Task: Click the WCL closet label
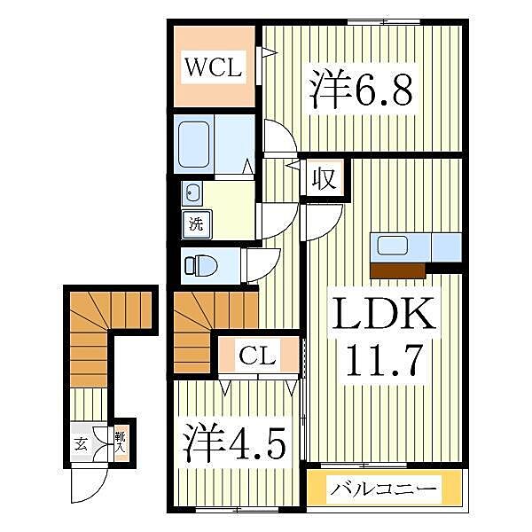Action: tap(212, 67)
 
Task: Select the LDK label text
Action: tap(384, 314)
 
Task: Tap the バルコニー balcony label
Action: tap(386, 489)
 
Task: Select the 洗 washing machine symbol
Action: tap(194, 223)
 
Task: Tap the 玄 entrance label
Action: tap(81, 444)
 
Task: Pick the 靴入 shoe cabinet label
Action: tap(120, 440)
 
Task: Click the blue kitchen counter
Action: tap(415, 246)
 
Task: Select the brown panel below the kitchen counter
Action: tap(397, 270)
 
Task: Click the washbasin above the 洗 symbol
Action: tap(192, 193)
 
